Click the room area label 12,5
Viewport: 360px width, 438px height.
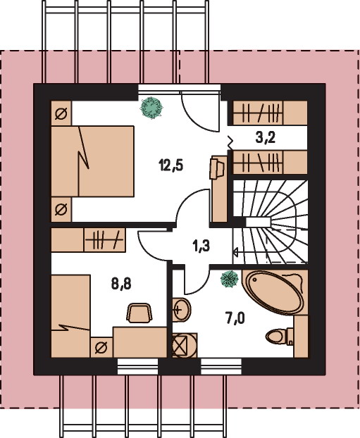[x=171, y=165]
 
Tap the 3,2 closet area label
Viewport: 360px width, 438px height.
[x=266, y=138]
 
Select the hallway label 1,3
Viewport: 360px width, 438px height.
[x=201, y=246]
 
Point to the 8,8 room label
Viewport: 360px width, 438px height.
[x=121, y=284]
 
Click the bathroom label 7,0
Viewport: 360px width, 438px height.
[x=235, y=318]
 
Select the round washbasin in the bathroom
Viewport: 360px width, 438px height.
[x=181, y=310]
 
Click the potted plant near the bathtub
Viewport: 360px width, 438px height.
[x=230, y=279]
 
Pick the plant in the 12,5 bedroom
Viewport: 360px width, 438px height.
[x=151, y=108]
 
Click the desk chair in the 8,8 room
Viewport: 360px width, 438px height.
[x=139, y=313]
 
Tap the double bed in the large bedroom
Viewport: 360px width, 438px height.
[x=92, y=161]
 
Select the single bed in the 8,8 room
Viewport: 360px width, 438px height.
[x=70, y=316]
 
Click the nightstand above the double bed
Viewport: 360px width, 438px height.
[x=61, y=113]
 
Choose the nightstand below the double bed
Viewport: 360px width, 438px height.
[x=61, y=209]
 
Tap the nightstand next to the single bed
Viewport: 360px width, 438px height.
[x=101, y=347]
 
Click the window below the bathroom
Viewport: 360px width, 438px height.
[x=221, y=366]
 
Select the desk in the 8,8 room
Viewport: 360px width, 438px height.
[x=140, y=342]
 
